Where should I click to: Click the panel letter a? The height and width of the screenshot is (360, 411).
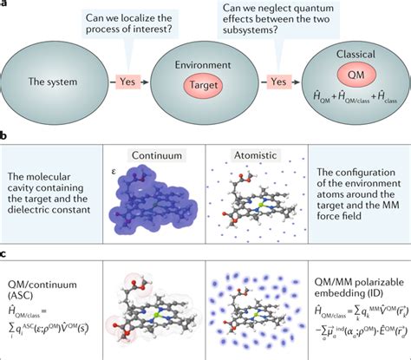point(4,4)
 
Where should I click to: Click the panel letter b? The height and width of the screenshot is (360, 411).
point(4,135)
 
